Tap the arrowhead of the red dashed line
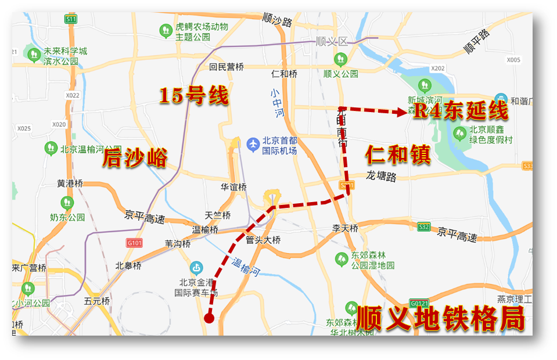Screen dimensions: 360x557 pyautogui.click(x=401, y=113)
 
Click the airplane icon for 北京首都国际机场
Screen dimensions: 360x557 pyautogui.click(x=253, y=142)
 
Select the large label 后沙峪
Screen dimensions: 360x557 pyautogui.click(x=135, y=158)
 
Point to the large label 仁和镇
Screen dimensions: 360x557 pyautogui.click(x=398, y=155)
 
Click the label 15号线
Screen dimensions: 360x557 pyautogui.click(x=194, y=95)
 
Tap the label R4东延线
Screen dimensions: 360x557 pyautogui.click(x=460, y=111)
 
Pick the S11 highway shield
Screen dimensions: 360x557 pyautogui.click(x=71, y=19)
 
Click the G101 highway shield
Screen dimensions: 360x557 pyautogui.click(x=134, y=242)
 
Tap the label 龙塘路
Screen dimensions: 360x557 pyautogui.click(x=381, y=176)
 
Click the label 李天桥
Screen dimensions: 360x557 pyautogui.click(x=344, y=228)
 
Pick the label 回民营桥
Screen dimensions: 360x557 pyautogui.click(x=227, y=67)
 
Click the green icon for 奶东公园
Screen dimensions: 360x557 pyautogui.click(x=67, y=203)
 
